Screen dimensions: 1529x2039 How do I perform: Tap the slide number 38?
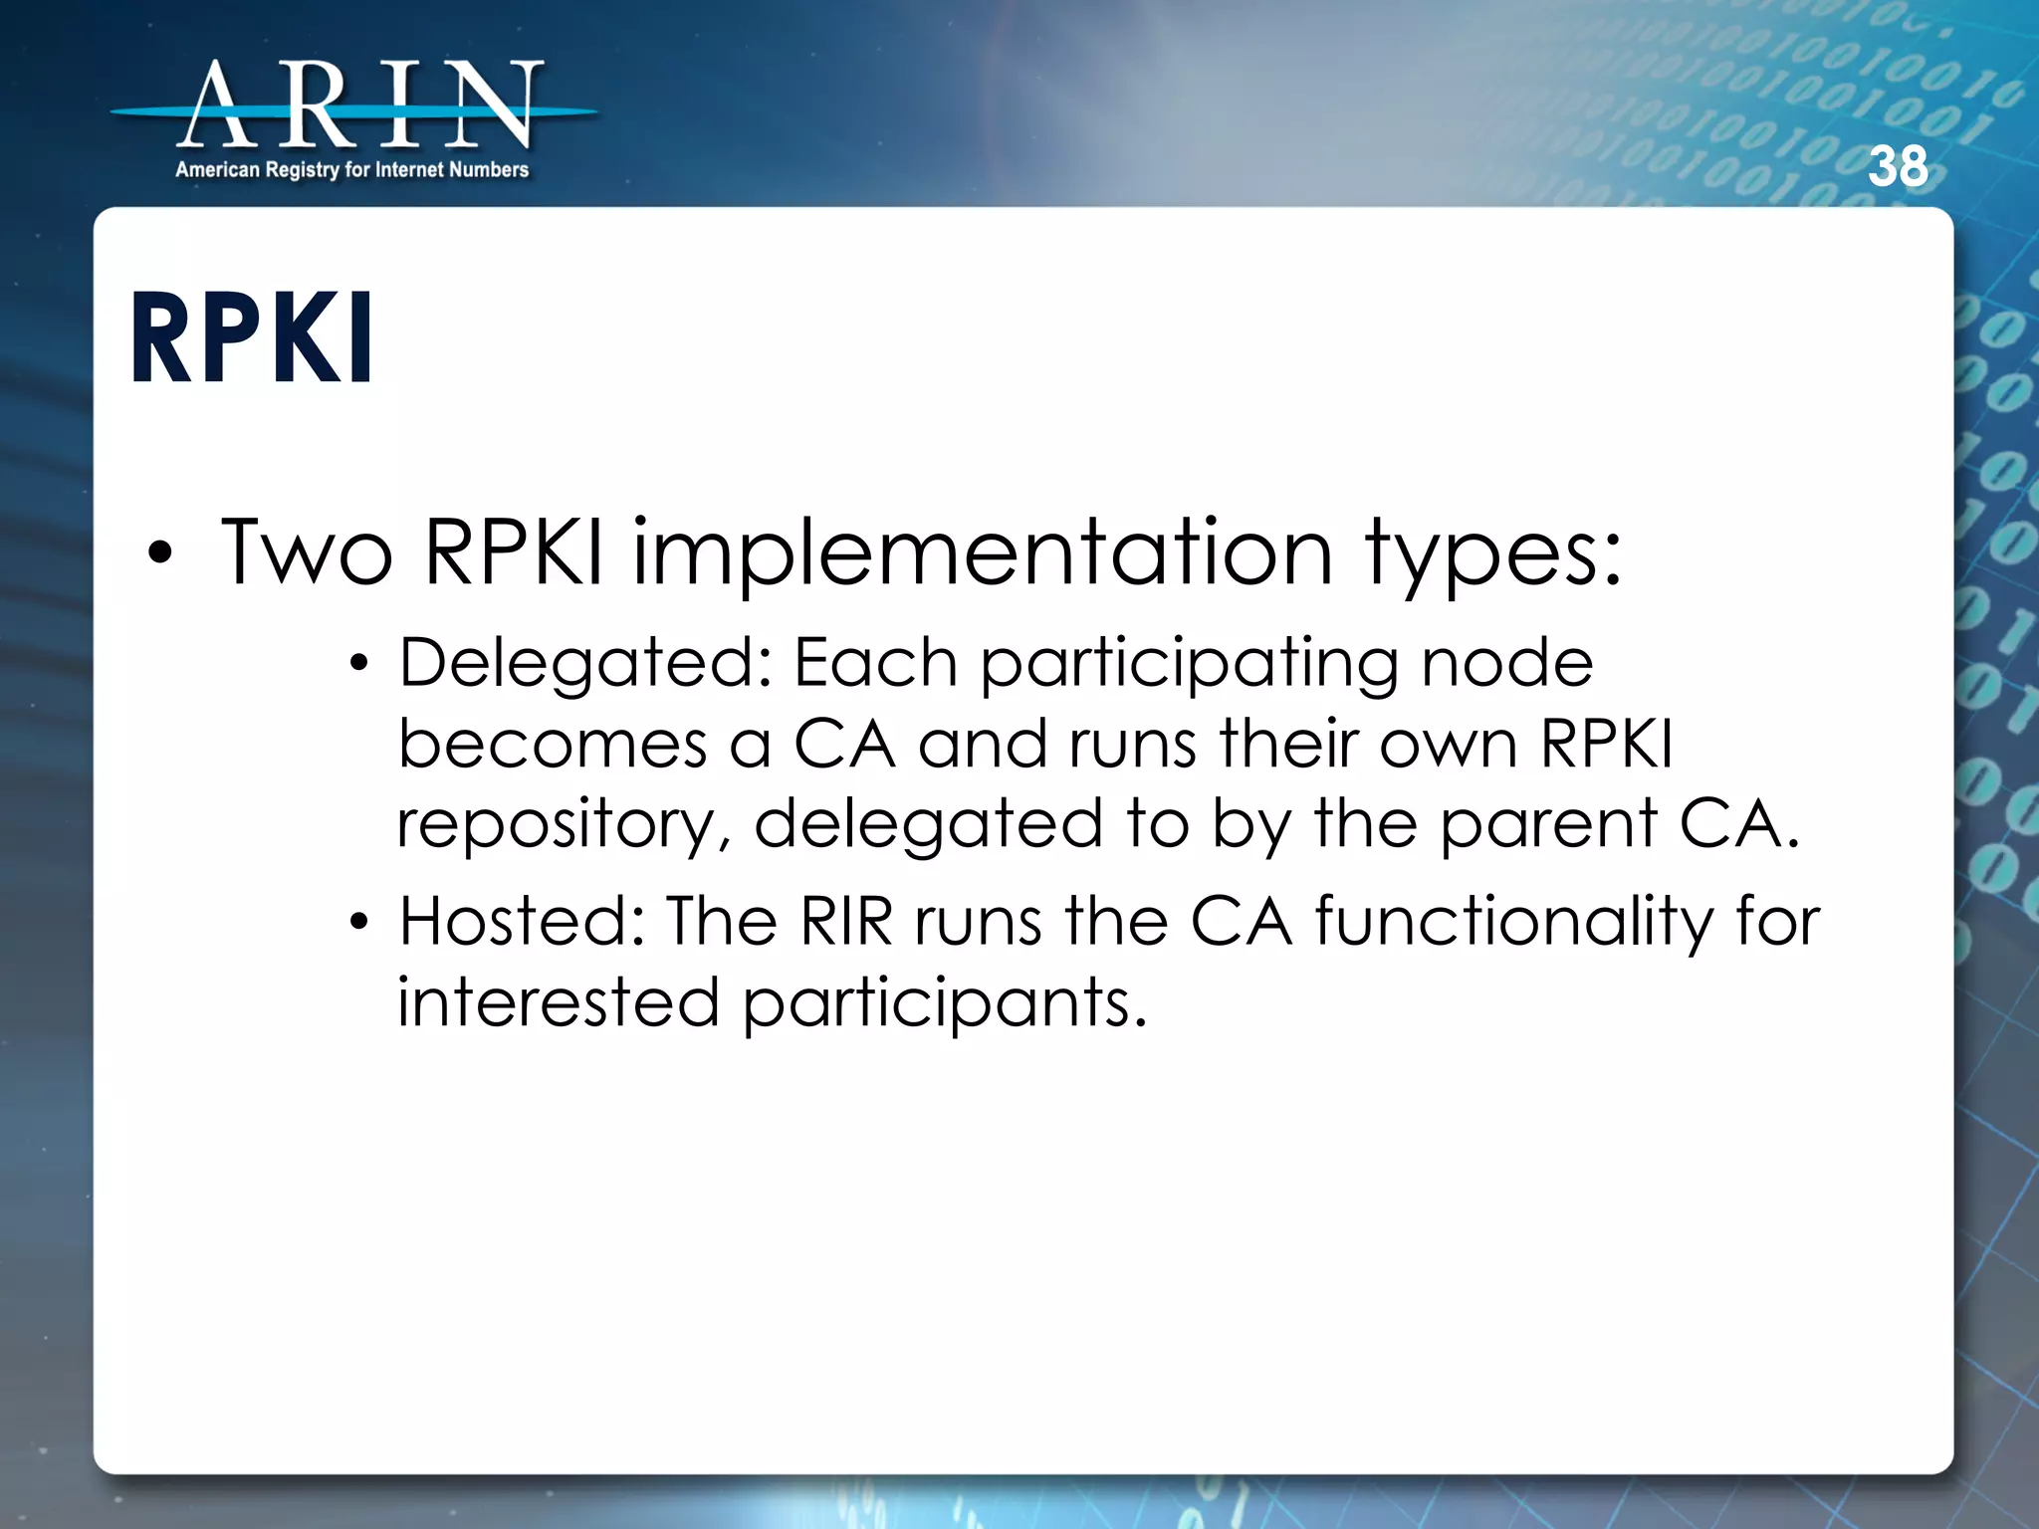point(1898,166)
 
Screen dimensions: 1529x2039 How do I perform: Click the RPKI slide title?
point(252,337)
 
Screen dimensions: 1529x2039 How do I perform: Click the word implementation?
point(982,554)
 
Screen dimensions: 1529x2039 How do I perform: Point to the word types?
point(1492,554)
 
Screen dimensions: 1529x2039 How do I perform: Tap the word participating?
point(1189,665)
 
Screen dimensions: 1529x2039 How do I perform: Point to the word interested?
point(559,1001)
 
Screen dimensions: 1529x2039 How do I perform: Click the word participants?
point(944,1003)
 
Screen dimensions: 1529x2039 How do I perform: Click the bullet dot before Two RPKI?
point(160,553)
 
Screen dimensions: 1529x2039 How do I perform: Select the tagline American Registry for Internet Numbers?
point(351,170)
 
